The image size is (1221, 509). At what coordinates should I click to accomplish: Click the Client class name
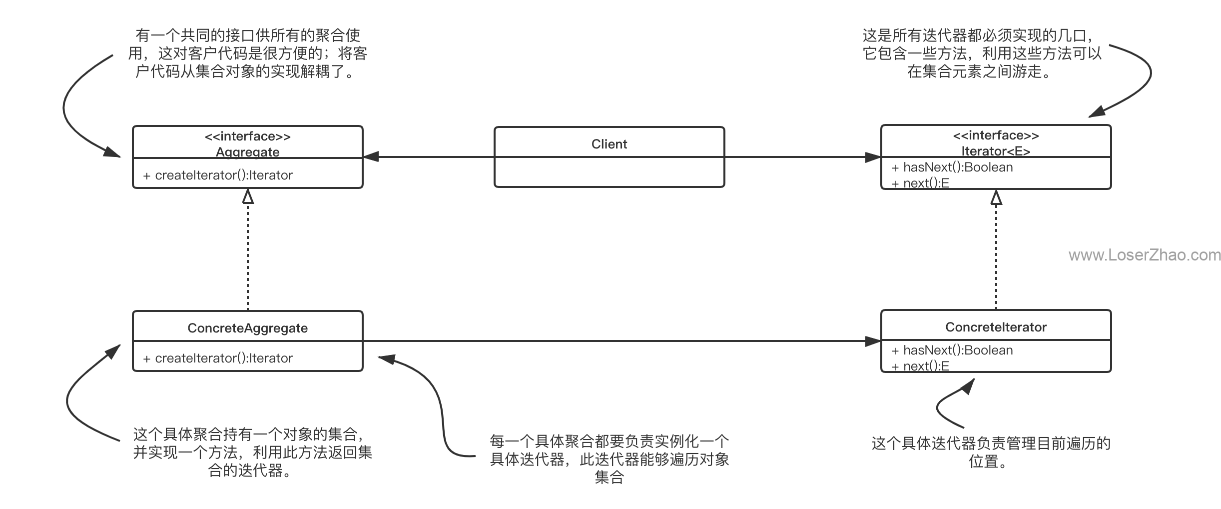[x=609, y=144]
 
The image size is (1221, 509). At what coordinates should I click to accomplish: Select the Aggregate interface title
[x=248, y=152]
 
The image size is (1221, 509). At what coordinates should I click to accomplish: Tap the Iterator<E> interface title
[x=996, y=151]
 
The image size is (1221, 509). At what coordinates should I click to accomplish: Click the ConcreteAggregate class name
[x=248, y=328]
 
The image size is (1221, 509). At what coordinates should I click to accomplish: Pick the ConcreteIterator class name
[x=996, y=327]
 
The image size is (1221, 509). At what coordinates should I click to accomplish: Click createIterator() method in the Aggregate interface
[x=218, y=175]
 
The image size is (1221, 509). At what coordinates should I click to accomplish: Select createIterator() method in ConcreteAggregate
[x=218, y=358]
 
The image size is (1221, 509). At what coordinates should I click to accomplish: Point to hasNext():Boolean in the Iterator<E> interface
[x=952, y=167]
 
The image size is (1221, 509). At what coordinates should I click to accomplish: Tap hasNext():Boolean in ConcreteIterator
[x=952, y=350]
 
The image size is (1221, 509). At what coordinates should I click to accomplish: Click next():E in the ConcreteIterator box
[x=920, y=366]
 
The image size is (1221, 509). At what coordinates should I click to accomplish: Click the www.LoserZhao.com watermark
[x=1145, y=255]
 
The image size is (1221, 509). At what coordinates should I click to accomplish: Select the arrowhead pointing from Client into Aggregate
[x=371, y=157]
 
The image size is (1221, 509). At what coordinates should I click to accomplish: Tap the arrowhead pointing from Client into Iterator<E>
[x=873, y=157]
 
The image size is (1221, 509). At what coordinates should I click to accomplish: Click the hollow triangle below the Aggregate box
[x=248, y=196]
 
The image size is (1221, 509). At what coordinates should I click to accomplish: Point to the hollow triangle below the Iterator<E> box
[x=996, y=197]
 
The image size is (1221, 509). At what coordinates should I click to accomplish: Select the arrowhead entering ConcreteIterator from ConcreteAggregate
[x=873, y=341]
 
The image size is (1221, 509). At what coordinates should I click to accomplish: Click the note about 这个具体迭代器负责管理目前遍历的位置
[x=991, y=452]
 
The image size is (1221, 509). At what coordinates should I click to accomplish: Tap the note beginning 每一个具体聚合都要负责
[x=610, y=459]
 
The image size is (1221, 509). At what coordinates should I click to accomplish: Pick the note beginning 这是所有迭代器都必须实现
[x=982, y=53]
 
